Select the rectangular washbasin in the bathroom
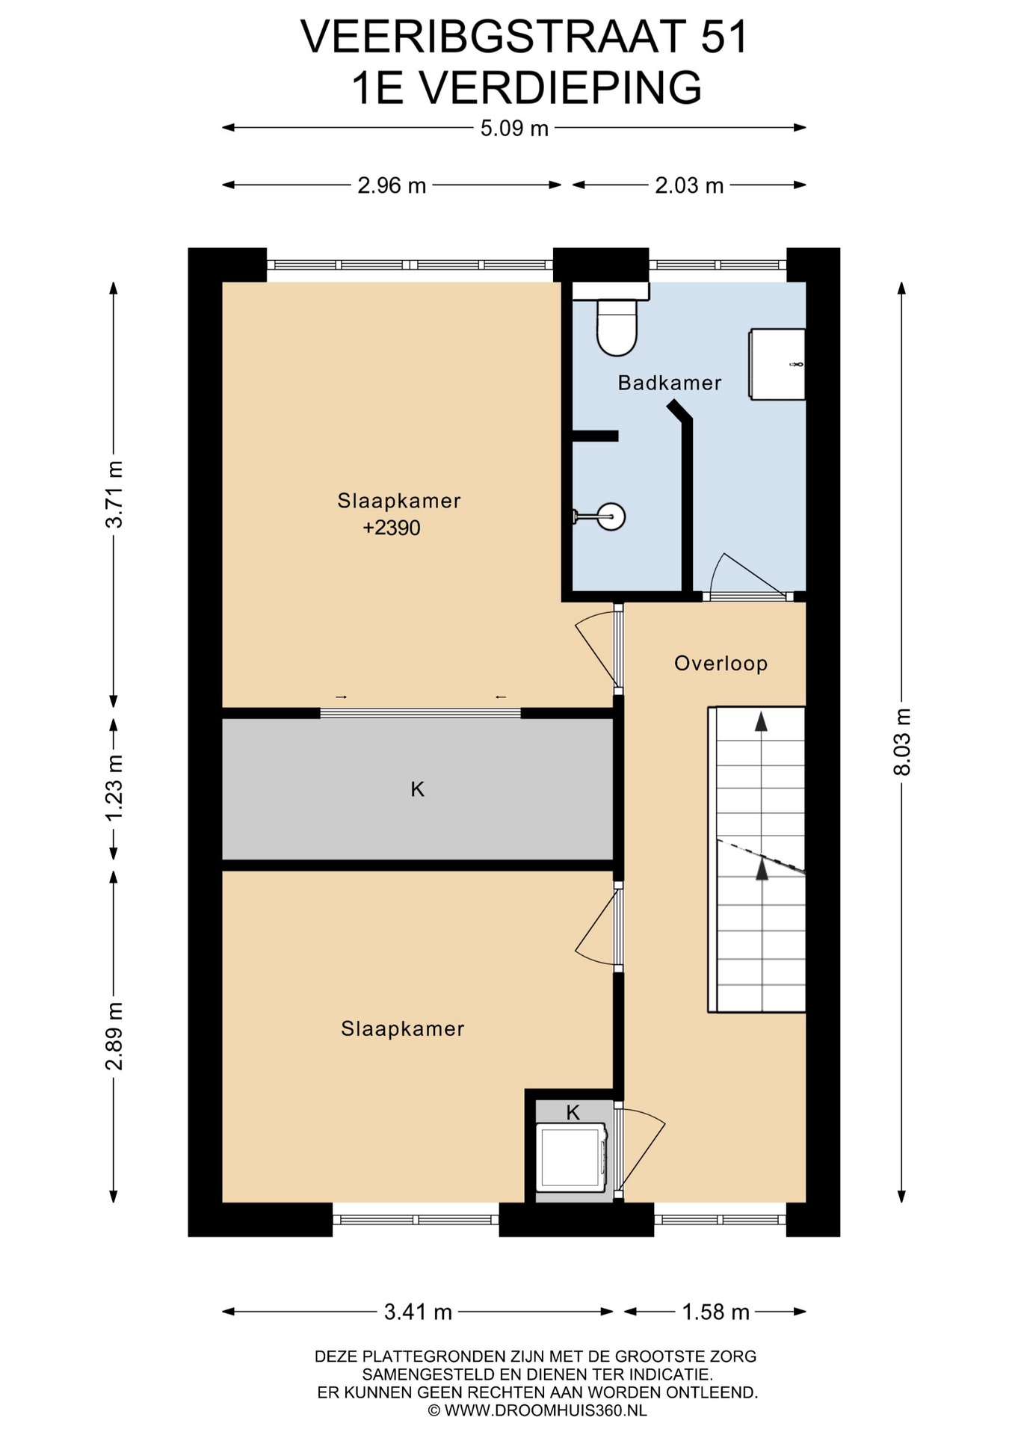click(x=777, y=364)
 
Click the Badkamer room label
click(x=669, y=383)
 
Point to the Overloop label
click(x=721, y=664)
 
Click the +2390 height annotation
click(x=392, y=528)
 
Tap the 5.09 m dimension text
click(x=514, y=129)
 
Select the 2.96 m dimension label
click(x=392, y=185)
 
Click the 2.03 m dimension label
click(x=689, y=185)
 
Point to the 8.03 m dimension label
click(x=902, y=741)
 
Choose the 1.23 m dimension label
click(x=114, y=788)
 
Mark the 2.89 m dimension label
click(x=114, y=1036)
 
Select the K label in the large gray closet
click(x=417, y=789)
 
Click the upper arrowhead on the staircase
click(x=761, y=721)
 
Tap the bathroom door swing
click(x=747, y=576)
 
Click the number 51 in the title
click(x=724, y=37)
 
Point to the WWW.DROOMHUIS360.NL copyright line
click(x=537, y=1410)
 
